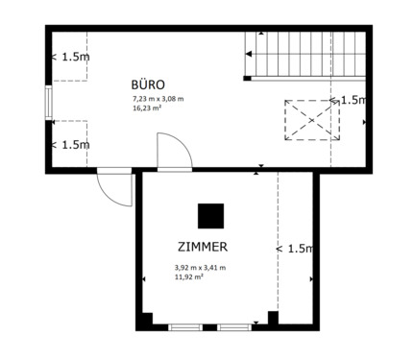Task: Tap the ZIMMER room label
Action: pos(202,247)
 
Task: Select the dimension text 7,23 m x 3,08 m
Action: pos(158,99)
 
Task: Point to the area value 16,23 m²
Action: pos(147,108)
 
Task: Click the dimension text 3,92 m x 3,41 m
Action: pos(200,268)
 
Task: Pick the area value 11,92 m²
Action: pos(188,277)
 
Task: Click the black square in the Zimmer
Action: pos(210,215)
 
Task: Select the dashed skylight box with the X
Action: pos(310,120)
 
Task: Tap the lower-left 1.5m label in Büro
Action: pos(70,145)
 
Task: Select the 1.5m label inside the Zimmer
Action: pos(296,249)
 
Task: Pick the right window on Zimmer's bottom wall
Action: pos(233,327)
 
